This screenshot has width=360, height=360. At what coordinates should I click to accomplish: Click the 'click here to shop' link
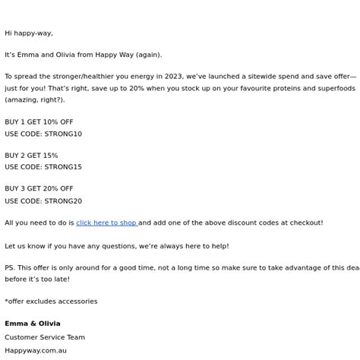click(x=106, y=223)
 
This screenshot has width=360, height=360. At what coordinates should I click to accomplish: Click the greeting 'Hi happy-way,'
click(x=29, y=33)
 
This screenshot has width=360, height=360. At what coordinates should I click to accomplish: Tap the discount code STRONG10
click(x=63, y=134)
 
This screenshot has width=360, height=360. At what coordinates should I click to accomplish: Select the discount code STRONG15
click(x=63, y=167)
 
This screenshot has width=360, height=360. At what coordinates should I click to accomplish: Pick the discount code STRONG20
click(x=63, y=201)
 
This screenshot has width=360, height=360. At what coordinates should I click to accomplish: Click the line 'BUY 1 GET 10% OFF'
click(x=39, y=122)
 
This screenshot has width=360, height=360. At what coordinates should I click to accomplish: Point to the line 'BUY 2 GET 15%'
click(x=31, y=156)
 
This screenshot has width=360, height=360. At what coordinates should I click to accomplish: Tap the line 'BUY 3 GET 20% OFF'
click(x=39, y=189)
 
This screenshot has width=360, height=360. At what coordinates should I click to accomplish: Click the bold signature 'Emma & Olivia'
click(x=32, y=324)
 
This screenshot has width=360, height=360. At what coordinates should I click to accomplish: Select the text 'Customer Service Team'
click(x=45, y=337)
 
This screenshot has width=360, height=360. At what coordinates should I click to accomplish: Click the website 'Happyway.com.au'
click(x=36, y=351)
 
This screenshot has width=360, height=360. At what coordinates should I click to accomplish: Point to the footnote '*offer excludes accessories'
click(x=51, y=302)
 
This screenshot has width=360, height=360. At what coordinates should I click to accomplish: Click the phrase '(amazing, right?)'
click(x=35, y=99)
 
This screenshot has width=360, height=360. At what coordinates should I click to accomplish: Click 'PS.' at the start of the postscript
click(x=10, y=267)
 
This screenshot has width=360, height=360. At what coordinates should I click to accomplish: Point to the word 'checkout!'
click(x=305, y=223)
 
